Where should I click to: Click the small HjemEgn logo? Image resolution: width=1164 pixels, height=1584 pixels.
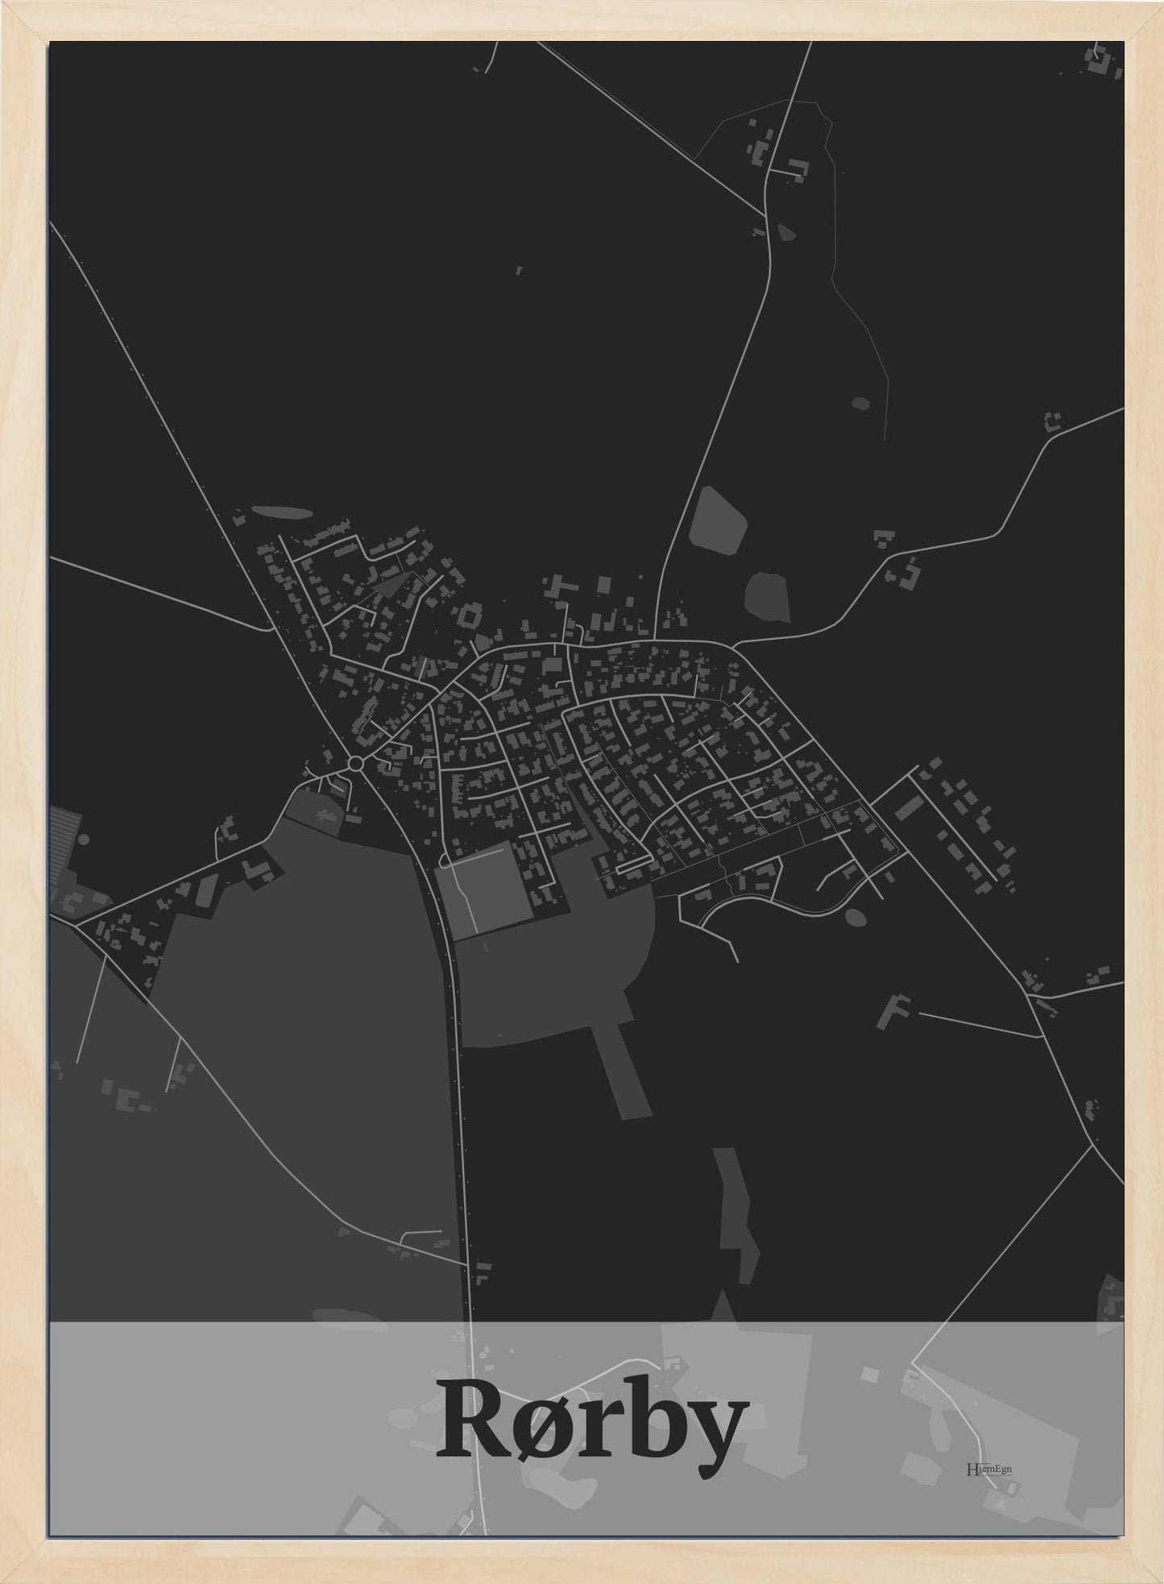tap(988, 1468)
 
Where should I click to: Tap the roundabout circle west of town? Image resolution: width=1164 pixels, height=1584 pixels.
tap(355, 761)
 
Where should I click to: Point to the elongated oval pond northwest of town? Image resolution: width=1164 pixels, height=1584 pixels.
tap(280, 512)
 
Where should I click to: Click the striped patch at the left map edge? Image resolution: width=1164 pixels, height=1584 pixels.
tap(64, 831)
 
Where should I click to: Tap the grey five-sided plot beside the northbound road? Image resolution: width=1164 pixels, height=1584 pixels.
tap(719, 520)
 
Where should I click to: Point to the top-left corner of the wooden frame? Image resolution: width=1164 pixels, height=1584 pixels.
tap(6, 6)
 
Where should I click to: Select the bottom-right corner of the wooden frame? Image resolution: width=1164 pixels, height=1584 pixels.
tap(1158, 1578)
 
